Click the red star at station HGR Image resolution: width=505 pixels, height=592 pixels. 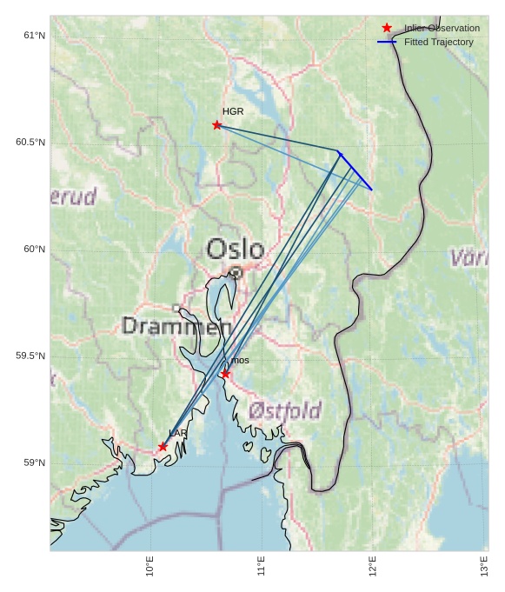coord(217,125)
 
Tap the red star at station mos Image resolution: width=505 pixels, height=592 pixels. coord(225,374)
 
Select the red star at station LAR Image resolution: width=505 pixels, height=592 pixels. coord(163,447)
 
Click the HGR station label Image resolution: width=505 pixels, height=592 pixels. coord(233,111)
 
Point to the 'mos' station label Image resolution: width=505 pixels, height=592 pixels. coord(240,360)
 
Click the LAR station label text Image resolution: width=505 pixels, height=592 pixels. coord(177,433)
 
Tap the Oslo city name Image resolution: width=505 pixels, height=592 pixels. coord(234,250)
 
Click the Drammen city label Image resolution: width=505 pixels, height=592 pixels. coord(176,327)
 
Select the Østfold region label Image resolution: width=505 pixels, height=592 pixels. coord(285,410)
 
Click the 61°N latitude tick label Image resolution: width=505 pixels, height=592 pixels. coord(34,36)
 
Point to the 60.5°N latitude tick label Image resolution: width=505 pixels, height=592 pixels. coord(30,143)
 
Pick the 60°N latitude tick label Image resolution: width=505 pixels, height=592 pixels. coord(34,249)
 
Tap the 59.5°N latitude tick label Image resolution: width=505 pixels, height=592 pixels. coord(30,356)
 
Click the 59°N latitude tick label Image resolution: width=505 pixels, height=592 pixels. coord(34,462)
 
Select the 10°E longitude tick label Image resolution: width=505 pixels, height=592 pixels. coord(150,566)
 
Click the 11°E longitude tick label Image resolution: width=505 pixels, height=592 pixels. coord(262,566)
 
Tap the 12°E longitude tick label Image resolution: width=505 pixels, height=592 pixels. coord(373,566)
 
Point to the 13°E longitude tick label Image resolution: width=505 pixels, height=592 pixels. coord(484,566)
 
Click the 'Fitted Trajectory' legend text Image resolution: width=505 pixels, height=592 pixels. coord(438,42)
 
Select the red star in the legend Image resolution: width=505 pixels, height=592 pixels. coord(387,28)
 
